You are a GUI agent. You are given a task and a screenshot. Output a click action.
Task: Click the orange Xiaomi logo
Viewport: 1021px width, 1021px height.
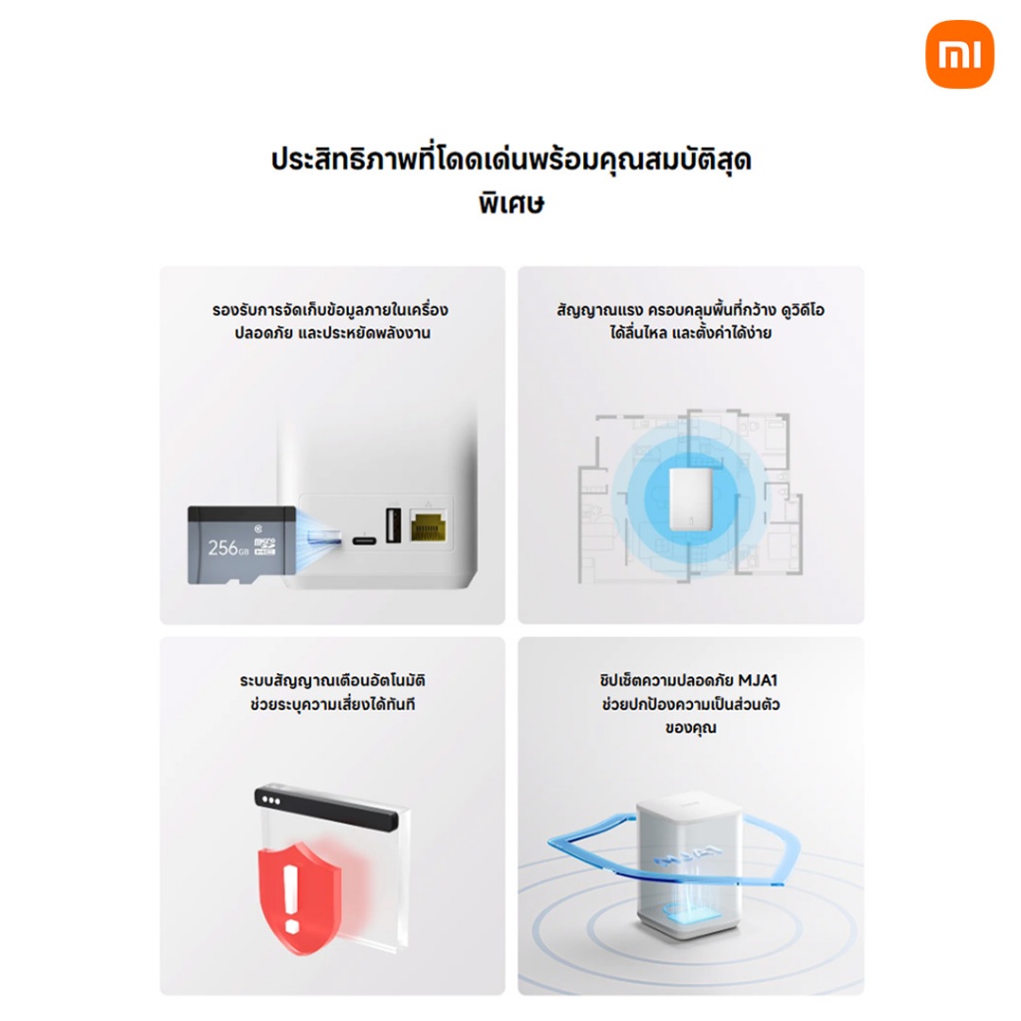(x=960, y=54)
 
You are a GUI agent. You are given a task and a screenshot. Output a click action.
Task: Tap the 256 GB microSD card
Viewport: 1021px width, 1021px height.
(x=241, y=545)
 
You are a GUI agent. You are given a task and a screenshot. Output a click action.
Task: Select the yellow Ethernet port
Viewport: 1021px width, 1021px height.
(x=429, y=525)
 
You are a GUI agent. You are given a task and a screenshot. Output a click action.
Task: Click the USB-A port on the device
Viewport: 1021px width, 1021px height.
(x=393, y=524)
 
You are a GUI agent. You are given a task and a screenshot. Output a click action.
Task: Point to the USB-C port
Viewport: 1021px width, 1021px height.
(x=364, y=540)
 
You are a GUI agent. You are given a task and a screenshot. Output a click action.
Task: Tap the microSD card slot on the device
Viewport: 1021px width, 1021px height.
(x=324, y=537)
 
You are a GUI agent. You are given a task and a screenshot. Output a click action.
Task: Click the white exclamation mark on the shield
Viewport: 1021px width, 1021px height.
(x=291, y=898)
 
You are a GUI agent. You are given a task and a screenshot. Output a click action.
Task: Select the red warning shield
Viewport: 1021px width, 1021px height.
(x=299, y=898)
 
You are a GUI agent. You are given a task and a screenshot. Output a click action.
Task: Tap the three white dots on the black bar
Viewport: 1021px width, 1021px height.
(x=271, y=801)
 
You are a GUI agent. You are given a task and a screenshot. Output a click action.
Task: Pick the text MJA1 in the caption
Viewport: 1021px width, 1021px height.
(x=758, y=680)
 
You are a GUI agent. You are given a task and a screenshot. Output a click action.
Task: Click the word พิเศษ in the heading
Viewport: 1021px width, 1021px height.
(x=511, y=203)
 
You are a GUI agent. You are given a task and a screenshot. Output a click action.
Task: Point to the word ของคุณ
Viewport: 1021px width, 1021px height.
(x=691, y=728)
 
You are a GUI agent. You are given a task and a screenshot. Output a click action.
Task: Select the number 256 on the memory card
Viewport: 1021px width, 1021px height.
(x=222, y=548)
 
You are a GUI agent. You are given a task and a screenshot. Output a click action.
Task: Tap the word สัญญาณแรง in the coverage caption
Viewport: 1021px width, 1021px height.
(x=599, y=311)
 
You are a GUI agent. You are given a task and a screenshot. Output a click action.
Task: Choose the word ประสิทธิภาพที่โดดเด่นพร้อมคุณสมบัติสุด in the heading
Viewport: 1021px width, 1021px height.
(x=511, y=160)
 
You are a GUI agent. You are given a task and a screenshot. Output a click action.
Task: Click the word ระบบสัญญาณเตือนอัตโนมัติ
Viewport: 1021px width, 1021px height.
(x=332, y=681)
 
